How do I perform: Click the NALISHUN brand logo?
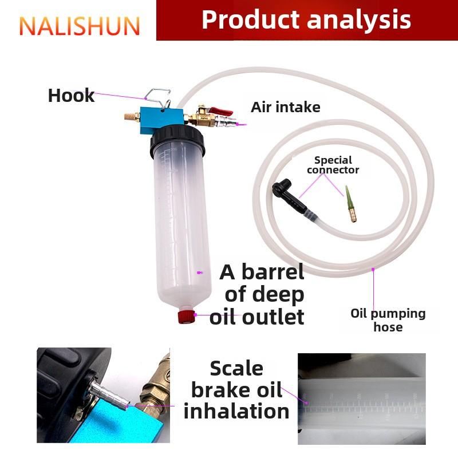(80, 26)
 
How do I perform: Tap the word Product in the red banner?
(251, 19)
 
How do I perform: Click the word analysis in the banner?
(359, 21)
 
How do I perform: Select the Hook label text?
(71, 96)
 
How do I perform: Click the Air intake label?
(285, 107)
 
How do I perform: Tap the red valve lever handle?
(221, 111)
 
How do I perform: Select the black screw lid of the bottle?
(177, 141)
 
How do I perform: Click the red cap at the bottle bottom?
(187, 317)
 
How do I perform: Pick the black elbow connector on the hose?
(289, 195)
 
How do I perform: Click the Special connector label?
(333, 165)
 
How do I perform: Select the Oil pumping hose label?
(388, 320)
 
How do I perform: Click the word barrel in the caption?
(273, 272)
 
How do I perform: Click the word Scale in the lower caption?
(236, 368)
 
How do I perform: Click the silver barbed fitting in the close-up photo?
(109, 394)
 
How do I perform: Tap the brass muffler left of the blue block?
(132, 117)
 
